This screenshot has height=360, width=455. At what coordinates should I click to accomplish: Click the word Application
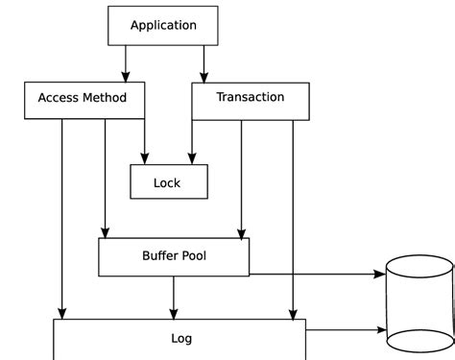pyautogui.click(x=163, y=26)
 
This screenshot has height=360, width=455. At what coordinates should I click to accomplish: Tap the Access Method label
pyautogui.click(x=83, y=98)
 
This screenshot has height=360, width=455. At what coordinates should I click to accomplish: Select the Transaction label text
pyautogui.click(x=251, y=97)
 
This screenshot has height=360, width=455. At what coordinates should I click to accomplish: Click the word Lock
pyautogui.click(x=167, y=183)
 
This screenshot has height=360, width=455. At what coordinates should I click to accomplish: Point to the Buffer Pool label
pyautogui.click(x=174, y=255)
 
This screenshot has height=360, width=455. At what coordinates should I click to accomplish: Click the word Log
pyautogui.click(x=181, y=339)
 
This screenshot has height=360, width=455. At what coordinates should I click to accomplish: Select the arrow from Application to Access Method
pyautogui.click(x=126, y=64)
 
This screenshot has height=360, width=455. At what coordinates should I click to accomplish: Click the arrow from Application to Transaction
pyautogui.click(x=204, y=64)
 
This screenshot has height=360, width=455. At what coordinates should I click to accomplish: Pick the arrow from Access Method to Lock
pyautogui.click(x=145, y=142)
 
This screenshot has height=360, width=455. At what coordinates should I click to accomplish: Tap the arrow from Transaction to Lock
pyautogui.click(x=192, y=142)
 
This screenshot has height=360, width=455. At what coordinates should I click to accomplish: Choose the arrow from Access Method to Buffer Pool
pyautogui.click(x=106, y=179)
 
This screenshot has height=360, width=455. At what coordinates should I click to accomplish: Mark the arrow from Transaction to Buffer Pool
pyautogui.click(x=242, y=180)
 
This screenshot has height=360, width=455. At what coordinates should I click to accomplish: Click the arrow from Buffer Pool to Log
pyautogui.click(x=174, y=298)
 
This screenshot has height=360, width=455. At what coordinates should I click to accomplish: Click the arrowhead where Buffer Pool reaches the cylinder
pyautogui.click(x=380, y=274)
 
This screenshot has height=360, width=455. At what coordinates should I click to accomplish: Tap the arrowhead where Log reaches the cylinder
pyautogui.click(x=382, y=329)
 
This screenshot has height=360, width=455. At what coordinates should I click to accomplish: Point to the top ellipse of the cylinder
pyautogui.click(x=419, y=255)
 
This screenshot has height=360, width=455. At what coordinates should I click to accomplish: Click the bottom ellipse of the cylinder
pyautogui.click(x=420, y=352)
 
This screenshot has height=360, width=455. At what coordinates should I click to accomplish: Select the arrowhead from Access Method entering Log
pyautogui.click(x=62, y=314)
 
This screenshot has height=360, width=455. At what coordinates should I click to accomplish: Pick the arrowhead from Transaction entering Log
pyautogui.click(x=293, y=315)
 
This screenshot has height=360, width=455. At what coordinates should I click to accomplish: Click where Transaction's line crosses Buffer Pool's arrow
pyautogui.click(x=293, y=274)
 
